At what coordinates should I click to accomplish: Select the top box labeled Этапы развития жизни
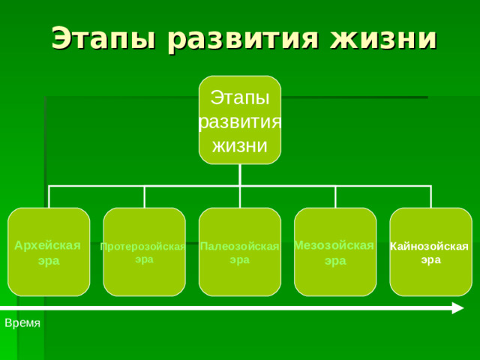point(240,120)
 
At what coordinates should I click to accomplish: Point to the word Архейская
point(49,245)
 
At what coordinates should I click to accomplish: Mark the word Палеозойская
point(240,247)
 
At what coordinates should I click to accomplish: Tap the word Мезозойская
point(334,245)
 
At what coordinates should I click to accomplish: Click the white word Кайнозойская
point(430,247)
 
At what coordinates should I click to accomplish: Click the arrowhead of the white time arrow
point(457,307)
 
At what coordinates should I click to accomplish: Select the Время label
point(22,322)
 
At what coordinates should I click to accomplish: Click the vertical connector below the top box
point(240,175)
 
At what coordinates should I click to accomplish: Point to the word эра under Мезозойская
point(335,260)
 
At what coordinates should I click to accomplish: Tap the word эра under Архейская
point(49,260)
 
